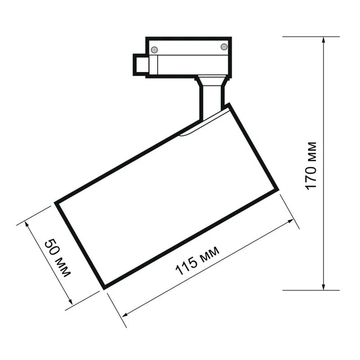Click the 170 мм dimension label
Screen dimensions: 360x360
coord(311,166)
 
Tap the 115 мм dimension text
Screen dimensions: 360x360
coord(197,261)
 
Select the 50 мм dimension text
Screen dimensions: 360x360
coord(57,258)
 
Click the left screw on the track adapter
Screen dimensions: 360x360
coord(154,49)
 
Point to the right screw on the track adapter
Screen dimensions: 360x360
coord(224,47)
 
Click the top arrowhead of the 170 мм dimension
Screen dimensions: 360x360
coord(324,40)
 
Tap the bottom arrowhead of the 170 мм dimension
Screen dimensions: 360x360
coord(324,287)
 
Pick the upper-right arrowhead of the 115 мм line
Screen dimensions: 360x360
coord(290,221)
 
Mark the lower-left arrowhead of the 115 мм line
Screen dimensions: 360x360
coord(125,315)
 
